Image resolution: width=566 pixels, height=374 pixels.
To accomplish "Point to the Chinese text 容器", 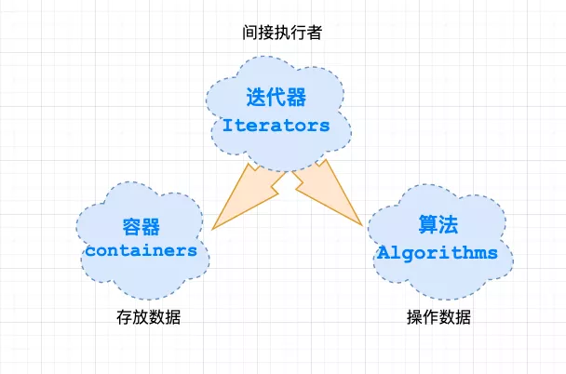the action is [141, 227].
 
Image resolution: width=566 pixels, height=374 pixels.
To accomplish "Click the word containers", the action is [141, 250].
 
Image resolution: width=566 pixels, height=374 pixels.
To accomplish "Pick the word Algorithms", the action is [438, 252].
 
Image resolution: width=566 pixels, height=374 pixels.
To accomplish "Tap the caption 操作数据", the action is [438, 317].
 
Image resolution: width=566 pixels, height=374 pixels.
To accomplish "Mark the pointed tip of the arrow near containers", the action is [213, 229].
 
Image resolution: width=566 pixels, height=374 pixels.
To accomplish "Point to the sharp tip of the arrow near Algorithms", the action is [362, 225].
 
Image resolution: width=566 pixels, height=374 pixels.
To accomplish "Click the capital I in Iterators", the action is [227, 125].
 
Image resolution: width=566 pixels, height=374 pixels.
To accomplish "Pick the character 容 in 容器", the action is [130, 227].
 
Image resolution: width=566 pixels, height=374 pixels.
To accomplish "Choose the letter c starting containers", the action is [90, 250].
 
